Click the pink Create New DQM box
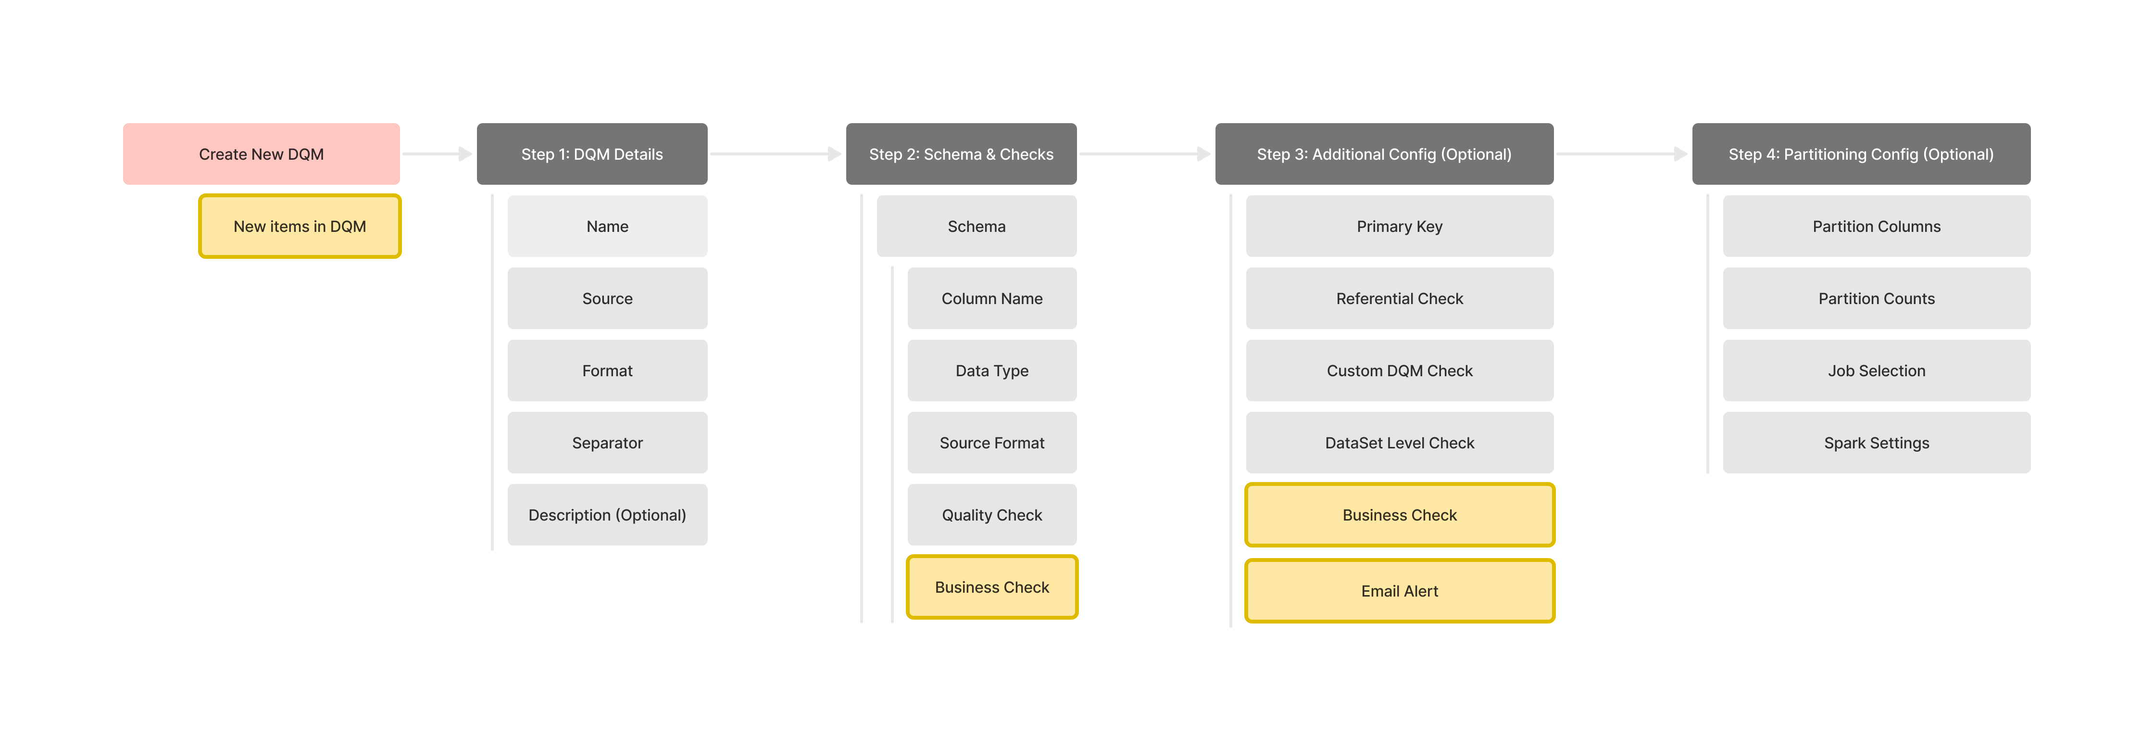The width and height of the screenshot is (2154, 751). point(261,154)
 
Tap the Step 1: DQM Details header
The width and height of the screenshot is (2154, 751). point(592,154)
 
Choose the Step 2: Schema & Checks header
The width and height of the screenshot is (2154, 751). point(961,154)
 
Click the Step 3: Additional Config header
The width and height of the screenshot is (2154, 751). point(1384,154)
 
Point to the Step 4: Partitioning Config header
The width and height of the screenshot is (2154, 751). point(1861,154)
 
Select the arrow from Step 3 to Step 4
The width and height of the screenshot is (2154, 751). point(1621,154)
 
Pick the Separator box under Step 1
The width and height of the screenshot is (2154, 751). point(607,443)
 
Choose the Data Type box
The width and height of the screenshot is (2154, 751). point(992,370)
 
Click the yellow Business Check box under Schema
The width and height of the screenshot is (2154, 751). point(992,587)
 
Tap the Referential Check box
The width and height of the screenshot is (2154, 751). point(1400,299)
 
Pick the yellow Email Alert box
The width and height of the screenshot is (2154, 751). point(1400,591)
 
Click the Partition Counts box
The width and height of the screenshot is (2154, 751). point(1877,299)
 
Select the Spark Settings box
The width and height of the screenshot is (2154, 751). point(1877,443)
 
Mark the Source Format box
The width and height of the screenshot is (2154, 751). point(992,443)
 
